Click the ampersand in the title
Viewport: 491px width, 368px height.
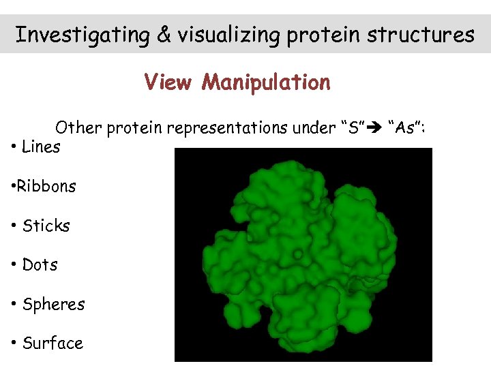click(x=164, y=35)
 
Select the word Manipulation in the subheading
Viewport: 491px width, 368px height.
click(x=266, y=83)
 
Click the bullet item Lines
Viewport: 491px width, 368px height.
click(x=41, y=147)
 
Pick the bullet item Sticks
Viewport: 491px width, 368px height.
click(x=46, y=226)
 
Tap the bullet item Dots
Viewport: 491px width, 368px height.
click(x=40, y=265)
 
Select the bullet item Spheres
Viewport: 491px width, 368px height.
click(x=53, y=305)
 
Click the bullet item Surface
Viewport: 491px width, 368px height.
click(x=53, y=343)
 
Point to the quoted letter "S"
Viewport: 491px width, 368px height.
click(x=353, y=127)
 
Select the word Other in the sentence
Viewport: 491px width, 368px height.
click(x=76, y=127)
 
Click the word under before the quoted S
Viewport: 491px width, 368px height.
click(x=316, y=127)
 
